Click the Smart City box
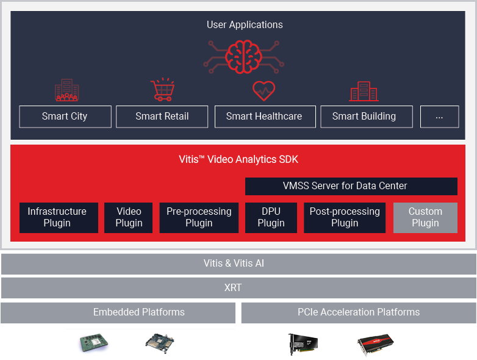[65, 117]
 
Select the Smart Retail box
[162, 117]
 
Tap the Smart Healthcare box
[264, 117]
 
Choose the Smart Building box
[364, 117]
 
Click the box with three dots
[439, 117]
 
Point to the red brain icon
[244, 56]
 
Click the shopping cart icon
[162, 90]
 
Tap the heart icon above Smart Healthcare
[264, 91]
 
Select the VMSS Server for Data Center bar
[351, 186]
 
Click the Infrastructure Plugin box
[58, 217]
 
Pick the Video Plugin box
[129, 217]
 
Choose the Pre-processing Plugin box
[199, 217]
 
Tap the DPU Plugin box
[271, 217]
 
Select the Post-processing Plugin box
[345, 217]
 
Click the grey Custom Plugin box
[425, 217]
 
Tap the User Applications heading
[245, 25]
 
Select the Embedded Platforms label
[139, 312]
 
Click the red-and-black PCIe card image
[375, 344]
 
